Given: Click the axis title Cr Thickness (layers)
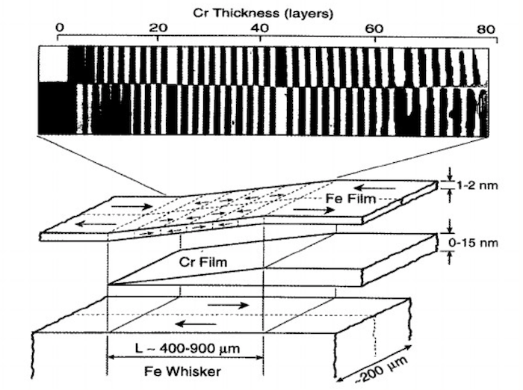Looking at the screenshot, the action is pos(263,13).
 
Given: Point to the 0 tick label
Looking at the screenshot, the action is pos(60,28).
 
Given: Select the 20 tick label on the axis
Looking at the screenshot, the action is pos(158,28).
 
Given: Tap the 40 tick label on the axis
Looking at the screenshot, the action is pos(260,28).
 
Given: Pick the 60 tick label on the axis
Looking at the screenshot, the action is pos(374,29).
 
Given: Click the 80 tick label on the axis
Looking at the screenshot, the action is pos(486,30).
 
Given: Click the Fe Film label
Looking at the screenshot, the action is pos(351,199).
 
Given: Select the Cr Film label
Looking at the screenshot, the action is pos(203,262).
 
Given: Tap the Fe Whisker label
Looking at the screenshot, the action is pos(182,371).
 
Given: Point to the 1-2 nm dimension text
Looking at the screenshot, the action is pos(477,185).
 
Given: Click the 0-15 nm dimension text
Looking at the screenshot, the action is pos(473,243).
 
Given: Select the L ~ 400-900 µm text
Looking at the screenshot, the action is pos(187,349).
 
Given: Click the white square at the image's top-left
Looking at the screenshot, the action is pos(53,64).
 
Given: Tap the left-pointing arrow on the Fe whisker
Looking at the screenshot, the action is pos(196,324).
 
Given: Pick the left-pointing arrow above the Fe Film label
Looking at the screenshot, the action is pos(374,188).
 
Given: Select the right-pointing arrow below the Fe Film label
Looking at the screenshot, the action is pos(314,210).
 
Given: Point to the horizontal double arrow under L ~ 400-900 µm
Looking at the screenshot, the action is pos(186,357).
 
